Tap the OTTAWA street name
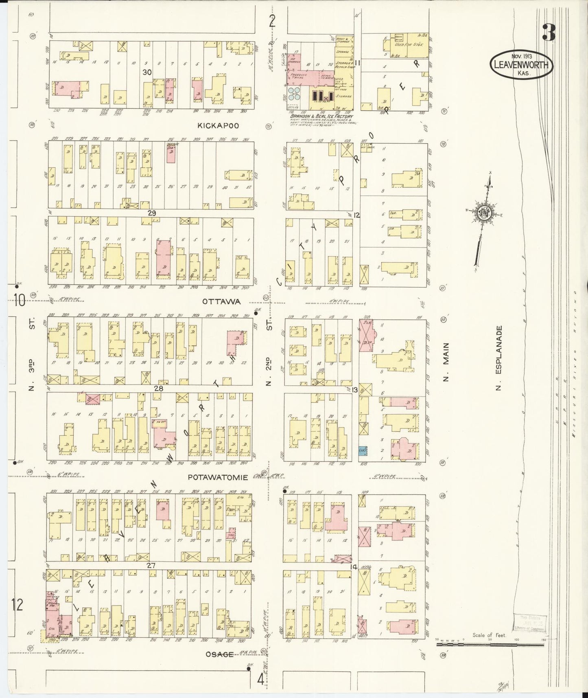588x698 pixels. tap(221, 302)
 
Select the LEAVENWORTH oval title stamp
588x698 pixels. tap(521, 64)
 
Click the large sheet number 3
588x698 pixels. tap(548, 33)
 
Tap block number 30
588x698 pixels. tap(147, 72)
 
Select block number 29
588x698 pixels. tap(152, 213)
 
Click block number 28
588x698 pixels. tap(158, 389)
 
